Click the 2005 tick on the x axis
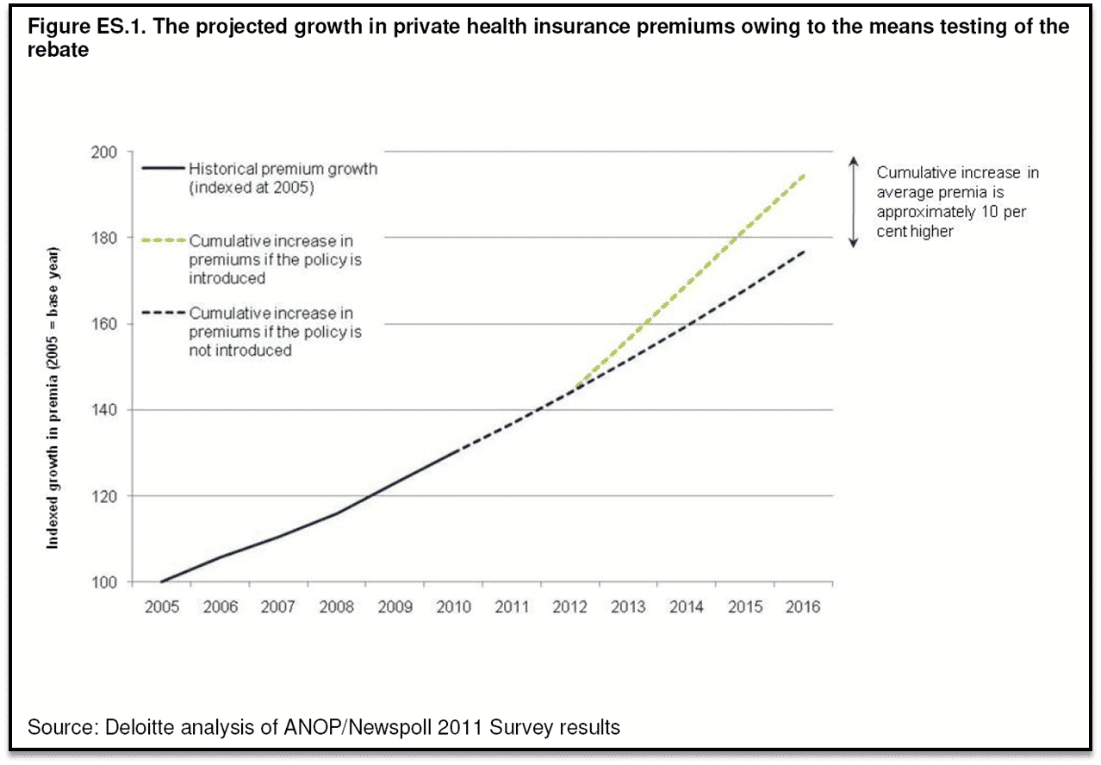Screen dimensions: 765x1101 click(162, 606)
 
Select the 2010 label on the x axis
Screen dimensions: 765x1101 click(454, 606)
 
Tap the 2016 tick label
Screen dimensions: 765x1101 click(803, 606)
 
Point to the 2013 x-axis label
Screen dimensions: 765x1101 click(628, 606)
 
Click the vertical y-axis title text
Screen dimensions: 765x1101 click(53, 398)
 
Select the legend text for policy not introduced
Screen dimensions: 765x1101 click(276, 332)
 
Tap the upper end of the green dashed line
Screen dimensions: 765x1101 click(804, 175)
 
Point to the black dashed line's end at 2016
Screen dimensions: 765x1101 click(804, 251)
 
